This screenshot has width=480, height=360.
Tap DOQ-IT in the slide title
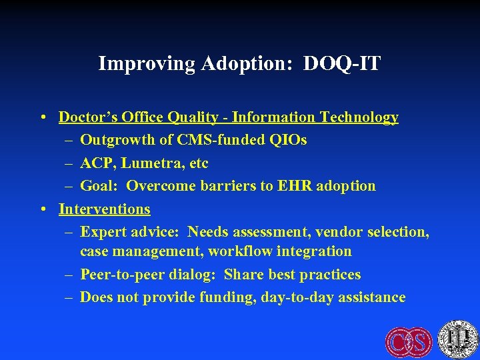[x=341, y=64]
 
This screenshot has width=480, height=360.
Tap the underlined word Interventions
[x=105, y=209]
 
